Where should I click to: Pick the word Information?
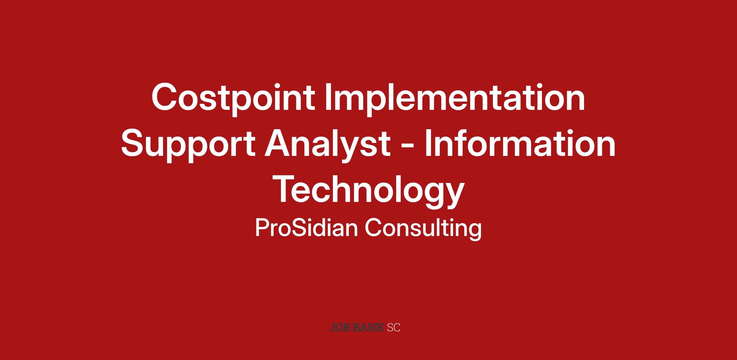[520, 143]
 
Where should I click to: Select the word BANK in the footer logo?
[368, 327]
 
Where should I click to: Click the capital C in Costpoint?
[166, 96]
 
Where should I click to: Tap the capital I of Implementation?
[329, 96]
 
